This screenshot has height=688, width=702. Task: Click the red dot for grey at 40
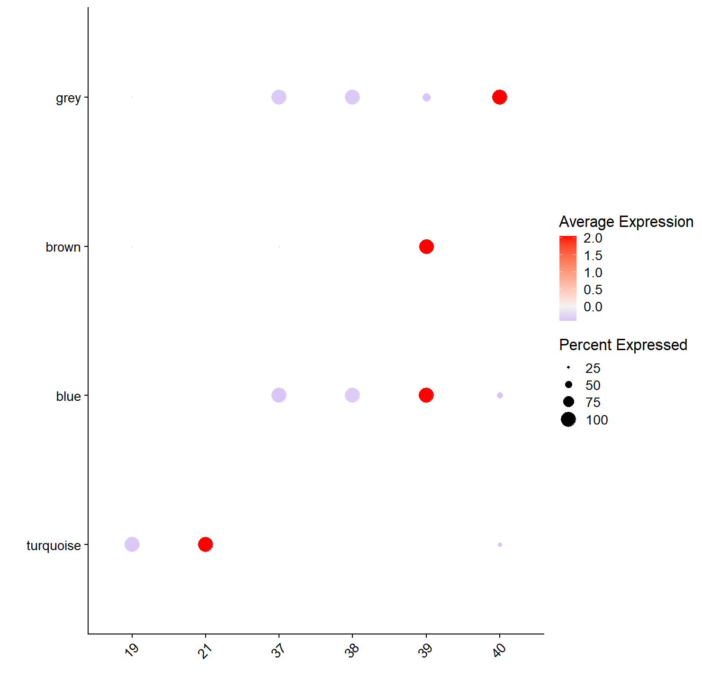point(499,97)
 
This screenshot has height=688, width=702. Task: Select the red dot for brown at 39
point(426,246)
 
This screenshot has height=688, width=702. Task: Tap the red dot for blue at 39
point(426,395)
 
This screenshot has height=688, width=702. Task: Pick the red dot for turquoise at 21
point(205,544)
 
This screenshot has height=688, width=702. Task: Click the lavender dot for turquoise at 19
point(132,544)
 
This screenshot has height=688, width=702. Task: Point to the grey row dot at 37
point(279,97)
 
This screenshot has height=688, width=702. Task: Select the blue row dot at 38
point(352,395)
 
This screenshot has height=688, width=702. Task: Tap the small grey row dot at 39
point(426,97)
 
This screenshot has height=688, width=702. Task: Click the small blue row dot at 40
point(500,395)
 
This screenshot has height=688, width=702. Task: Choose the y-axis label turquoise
point(54,545)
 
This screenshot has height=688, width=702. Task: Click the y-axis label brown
point(63,247)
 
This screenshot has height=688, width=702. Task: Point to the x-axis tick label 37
point(279,650)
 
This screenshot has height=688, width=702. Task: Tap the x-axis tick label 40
point(499,650)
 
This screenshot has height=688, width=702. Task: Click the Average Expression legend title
point(626,222)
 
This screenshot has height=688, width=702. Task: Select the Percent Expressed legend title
point(623,345)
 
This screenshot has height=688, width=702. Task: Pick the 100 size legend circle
point(568,419)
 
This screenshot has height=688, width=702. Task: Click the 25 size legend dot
point(568,368)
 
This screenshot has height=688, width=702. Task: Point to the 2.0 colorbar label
point(593,238)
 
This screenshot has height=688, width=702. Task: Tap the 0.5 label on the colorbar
point(593,290)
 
